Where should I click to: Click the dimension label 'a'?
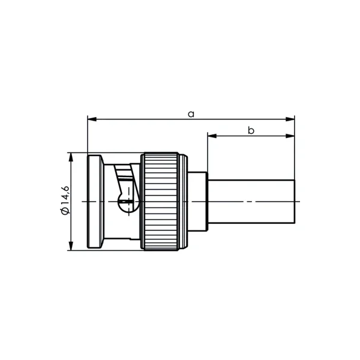(191, 114)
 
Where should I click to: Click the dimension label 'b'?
(251, 130)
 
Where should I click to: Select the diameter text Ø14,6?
(65, 200)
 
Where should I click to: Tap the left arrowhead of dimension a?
(92, 119)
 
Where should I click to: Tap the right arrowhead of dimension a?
(290, 119)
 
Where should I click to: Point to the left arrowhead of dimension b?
(212, 136)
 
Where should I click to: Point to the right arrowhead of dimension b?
(290, 136)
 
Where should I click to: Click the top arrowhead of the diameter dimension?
(71, 157)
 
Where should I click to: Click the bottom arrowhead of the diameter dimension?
(71, 246)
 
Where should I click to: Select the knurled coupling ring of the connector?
(160, 202)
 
